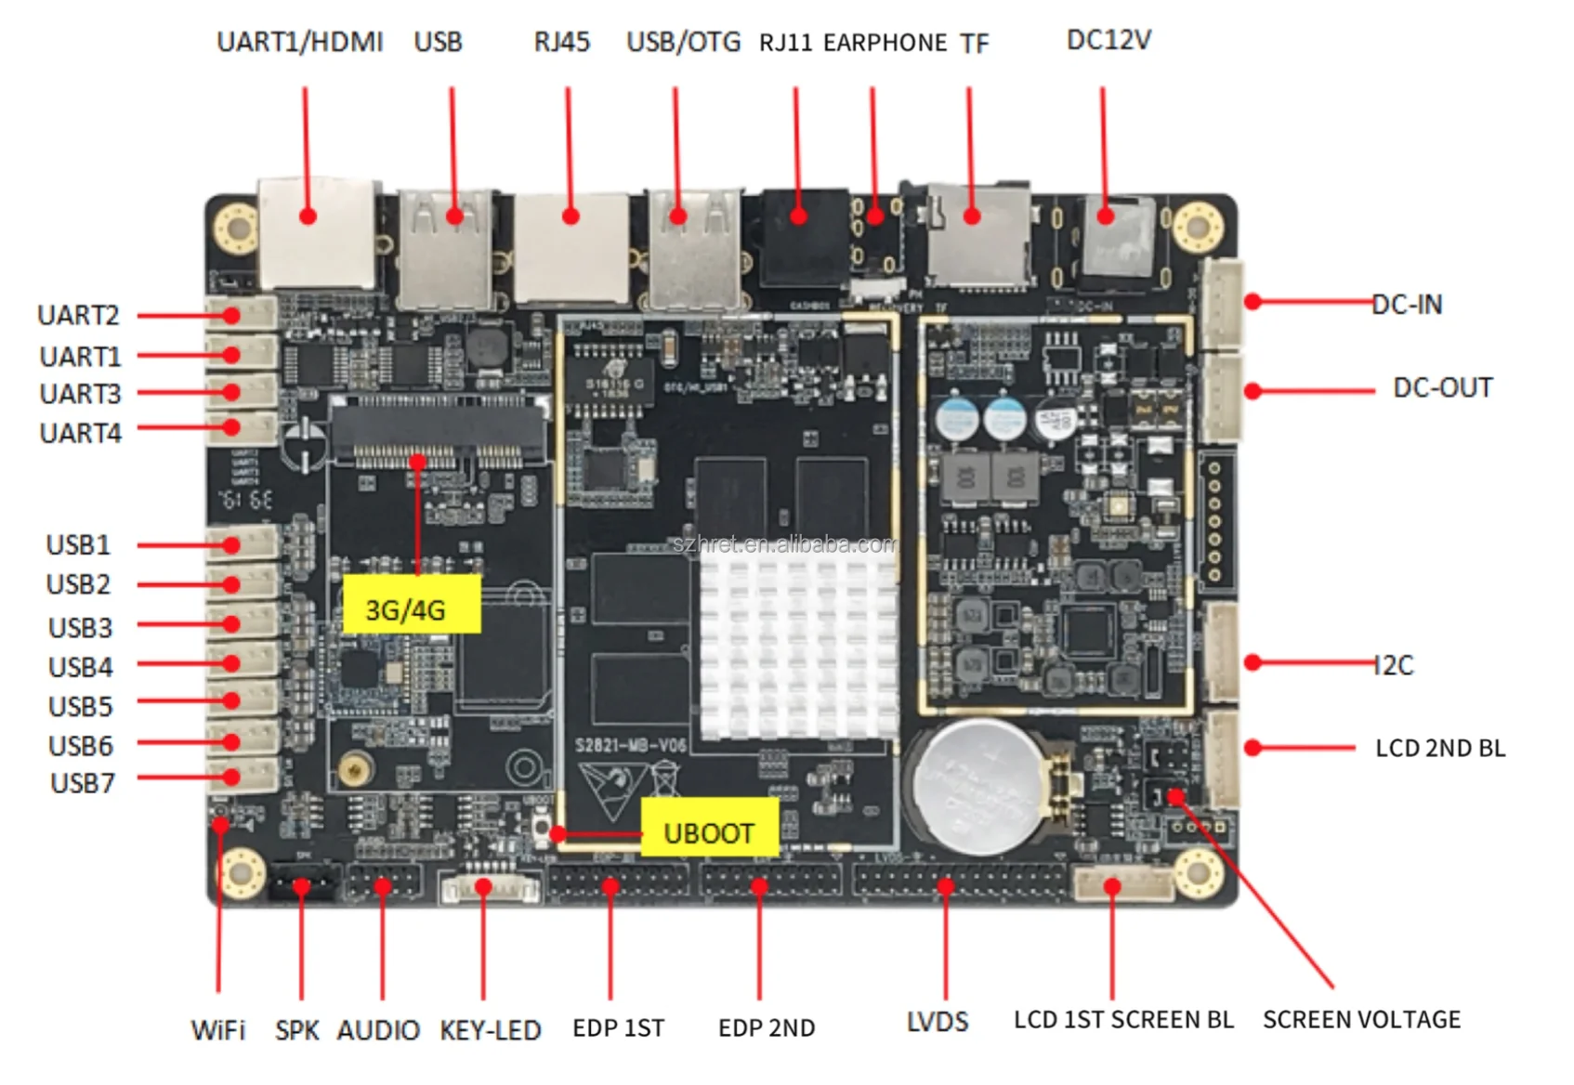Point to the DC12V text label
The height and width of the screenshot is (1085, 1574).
[x=1108, y=41]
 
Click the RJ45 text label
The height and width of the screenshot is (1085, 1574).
[x=561, y=43]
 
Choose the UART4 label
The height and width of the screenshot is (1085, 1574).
[x=81, y=433]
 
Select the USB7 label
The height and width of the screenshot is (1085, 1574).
[x=83, y=783]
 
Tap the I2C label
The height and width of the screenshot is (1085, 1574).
[x=1393, y=665]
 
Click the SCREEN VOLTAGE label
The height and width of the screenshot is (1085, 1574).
[x=1361, y=1019]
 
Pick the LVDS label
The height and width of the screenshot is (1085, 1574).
[x=937, y=1022]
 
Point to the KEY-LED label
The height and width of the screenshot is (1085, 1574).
[x=490, y=1029]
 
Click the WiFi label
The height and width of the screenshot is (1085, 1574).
[x=218, y=1029]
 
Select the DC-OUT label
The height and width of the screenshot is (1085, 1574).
[x=1442, y=387]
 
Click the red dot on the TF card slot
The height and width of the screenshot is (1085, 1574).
[x=972, y=216]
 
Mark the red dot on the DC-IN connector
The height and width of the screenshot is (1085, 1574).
[x=1253, y=301]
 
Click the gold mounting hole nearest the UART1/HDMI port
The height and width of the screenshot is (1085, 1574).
[x=236, y=227]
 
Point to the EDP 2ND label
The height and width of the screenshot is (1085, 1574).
[x=767, y=1027]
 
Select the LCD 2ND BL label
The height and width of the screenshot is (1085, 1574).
[x=1439, y=748]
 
